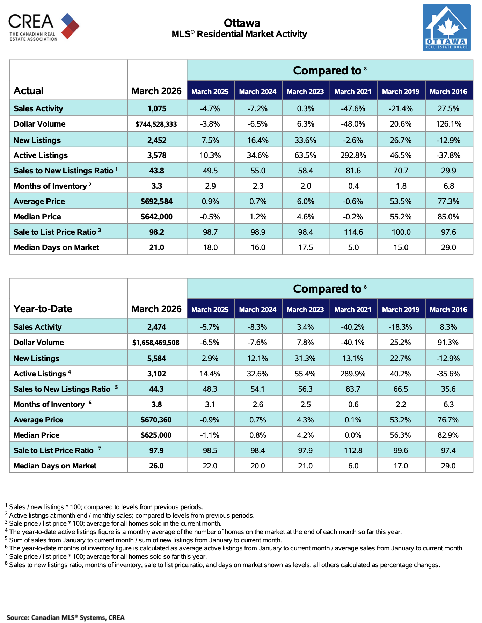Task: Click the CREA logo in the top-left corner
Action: (x=44, y=27)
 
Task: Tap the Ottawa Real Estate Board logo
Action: (x=447, y=28)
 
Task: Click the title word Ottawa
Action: (x=242, y=23)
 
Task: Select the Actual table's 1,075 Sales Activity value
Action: (x=157, y=108)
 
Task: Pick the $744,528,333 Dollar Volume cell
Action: (x=156, y=124)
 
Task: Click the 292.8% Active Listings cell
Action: (x=353, y=155)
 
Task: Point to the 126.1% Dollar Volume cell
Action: (x=448, y=124)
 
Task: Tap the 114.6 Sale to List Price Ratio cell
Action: (x=353, y=232)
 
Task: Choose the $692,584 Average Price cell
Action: (x=156, y=201)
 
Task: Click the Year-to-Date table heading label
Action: (x=43, y=309)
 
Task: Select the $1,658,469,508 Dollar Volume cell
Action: (x=156, y=343)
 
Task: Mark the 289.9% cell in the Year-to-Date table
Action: (x=353, y=374)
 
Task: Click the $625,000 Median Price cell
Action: (x=156, y=435)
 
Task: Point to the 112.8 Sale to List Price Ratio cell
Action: (x=353, y=450)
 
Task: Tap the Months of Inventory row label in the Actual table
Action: (x=50, y=186)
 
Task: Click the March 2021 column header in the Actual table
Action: (x=353, y=92)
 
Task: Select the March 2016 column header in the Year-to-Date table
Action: (x=448, y=310)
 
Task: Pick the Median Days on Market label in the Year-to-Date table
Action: (x=55, y=466)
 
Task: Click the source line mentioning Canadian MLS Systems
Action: (x=66, y=617)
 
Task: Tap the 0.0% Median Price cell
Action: (x=353, y=435)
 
